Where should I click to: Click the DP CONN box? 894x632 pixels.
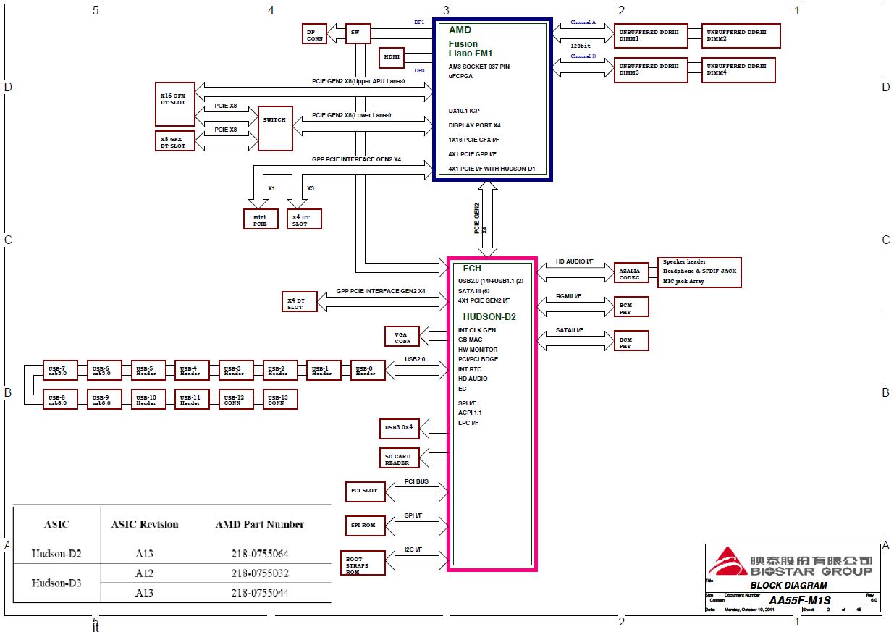[315, 34]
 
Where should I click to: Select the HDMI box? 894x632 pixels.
[392, 57]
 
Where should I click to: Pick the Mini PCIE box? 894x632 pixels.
[261, 219]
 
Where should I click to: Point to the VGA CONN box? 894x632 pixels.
[402, 337]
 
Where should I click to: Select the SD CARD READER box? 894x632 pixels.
[397, 458]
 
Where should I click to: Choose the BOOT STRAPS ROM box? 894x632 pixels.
[362, 563]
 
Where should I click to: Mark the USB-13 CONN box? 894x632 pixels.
[279, 400]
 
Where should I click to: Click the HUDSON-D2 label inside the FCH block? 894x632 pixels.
[489, 316]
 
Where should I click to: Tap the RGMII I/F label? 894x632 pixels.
[568, 297]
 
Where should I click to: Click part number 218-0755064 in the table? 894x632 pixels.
[259, 554]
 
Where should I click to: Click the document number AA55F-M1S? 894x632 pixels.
[799, 600]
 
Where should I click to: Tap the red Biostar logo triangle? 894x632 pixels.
[725, 562]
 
